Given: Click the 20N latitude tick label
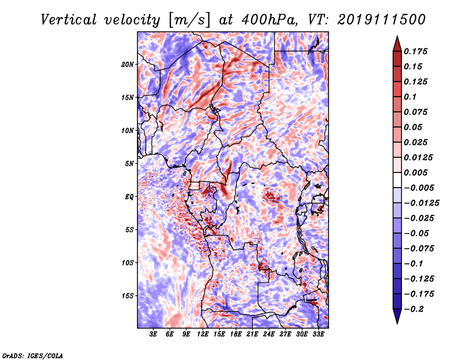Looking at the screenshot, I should click(x=128, y=64).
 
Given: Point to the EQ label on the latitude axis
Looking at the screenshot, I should click(x=129, y=197).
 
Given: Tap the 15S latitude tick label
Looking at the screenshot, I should click(x=128, y=296).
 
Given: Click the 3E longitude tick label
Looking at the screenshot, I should click(x=154, y=334).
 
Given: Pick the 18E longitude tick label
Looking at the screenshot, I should click(x=236, y=334).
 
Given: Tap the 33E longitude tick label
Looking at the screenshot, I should click(x=318, y=334).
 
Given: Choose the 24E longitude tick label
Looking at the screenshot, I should click(x=269, y=334).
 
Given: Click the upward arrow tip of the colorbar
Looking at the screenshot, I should click(x=396, y=37).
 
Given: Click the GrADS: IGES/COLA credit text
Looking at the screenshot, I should click(x=32, y=355).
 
